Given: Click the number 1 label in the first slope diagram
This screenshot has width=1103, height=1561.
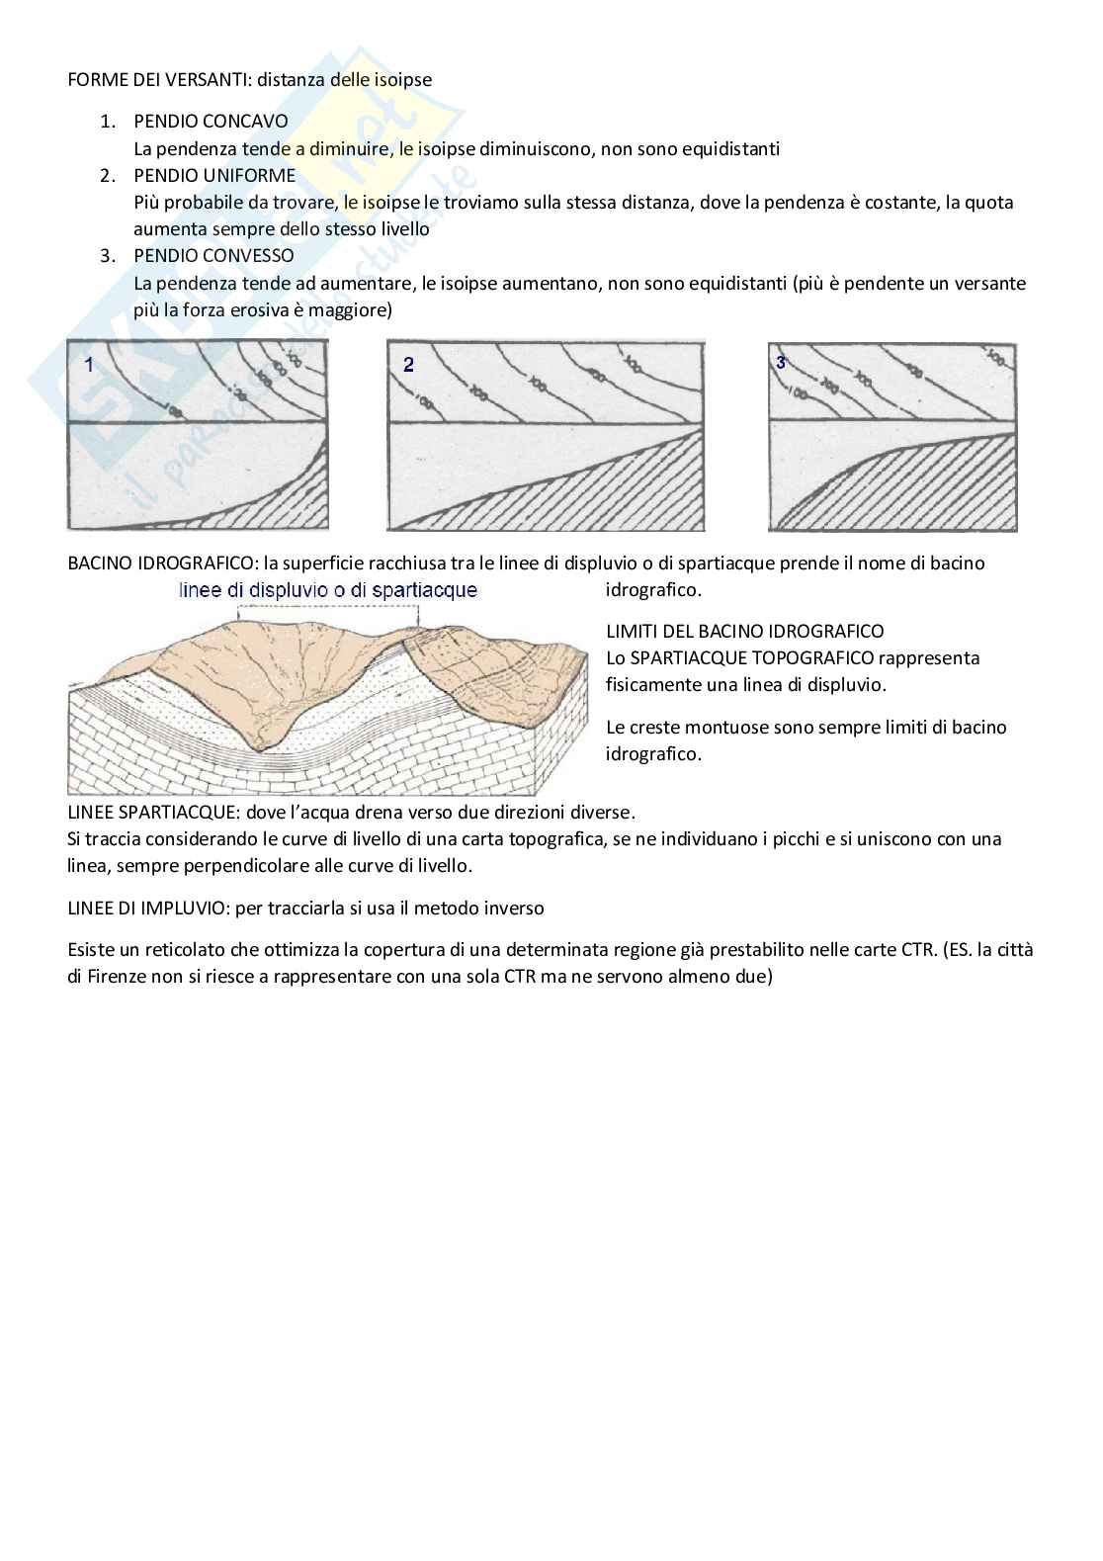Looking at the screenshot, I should tap(89, 365).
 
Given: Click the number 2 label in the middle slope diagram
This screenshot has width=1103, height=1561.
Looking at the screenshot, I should tap(408, 365).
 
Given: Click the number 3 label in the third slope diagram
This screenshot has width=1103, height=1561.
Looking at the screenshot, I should tap(781, 363).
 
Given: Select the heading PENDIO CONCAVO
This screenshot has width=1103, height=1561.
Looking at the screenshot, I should tap(211, 122).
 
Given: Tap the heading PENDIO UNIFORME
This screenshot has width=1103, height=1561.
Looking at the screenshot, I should tap(214, 175).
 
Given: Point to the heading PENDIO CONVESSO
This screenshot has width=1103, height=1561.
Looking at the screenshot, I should tap(213, 256).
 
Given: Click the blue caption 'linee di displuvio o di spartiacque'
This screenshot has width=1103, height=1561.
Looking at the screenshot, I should tap(328, 591).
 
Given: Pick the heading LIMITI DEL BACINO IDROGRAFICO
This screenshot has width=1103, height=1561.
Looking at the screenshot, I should tap(744, 631).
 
